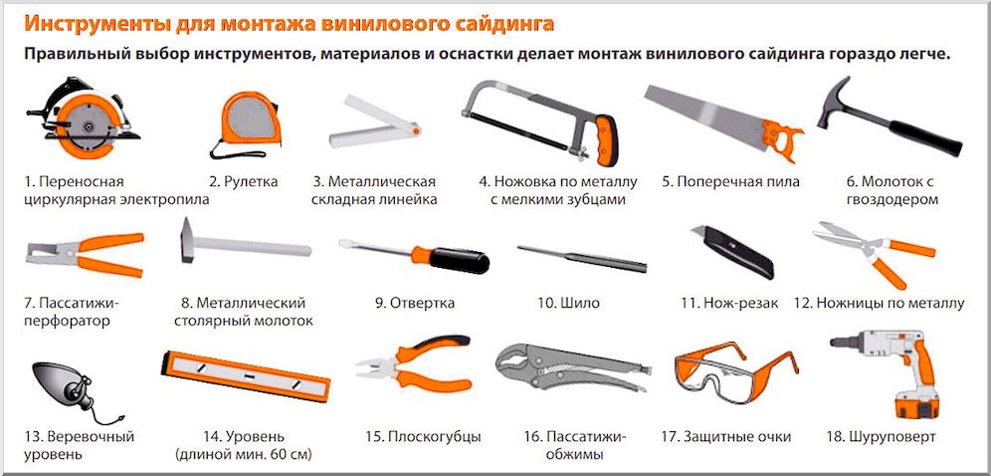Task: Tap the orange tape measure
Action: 243,120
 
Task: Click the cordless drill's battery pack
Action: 914,404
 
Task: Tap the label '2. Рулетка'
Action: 243,182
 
